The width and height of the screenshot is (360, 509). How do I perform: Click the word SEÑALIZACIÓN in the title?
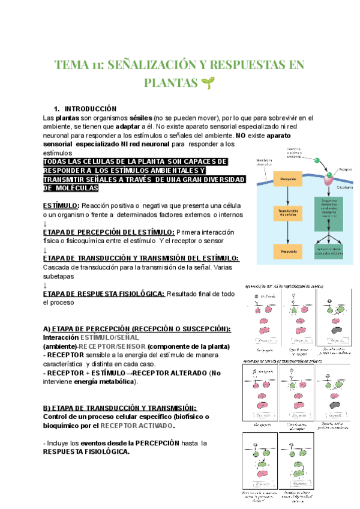[152, 64]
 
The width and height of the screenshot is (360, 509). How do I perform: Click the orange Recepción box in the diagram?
[288, 179]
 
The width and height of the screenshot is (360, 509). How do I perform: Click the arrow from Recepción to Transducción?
[288, 196]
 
